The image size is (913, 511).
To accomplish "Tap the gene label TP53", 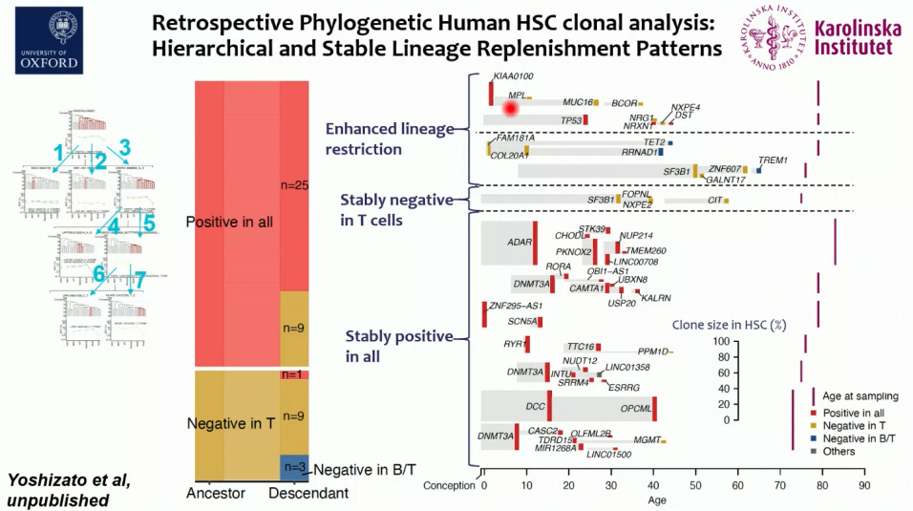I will [x=571, y=120].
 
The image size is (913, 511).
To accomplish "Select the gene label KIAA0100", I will [x=513, y=75].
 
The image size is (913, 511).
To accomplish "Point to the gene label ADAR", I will [x=519, y=243].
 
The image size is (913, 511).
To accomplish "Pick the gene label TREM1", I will [x=772, y=160].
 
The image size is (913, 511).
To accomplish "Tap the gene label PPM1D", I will [x=653, y=351].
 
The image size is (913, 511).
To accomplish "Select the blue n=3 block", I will [x=293, y=468].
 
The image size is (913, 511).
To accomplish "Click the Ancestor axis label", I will [x=216, y=493].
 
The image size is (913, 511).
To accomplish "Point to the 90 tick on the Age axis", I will [x=863, y=485].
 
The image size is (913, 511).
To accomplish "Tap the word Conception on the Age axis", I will [x=448, y=485].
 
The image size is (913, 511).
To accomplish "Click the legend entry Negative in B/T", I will [x=861, y=437].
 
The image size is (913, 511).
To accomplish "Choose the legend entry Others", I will [x=839, y=451].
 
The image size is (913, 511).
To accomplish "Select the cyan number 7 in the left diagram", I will [x=139, y=281].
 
